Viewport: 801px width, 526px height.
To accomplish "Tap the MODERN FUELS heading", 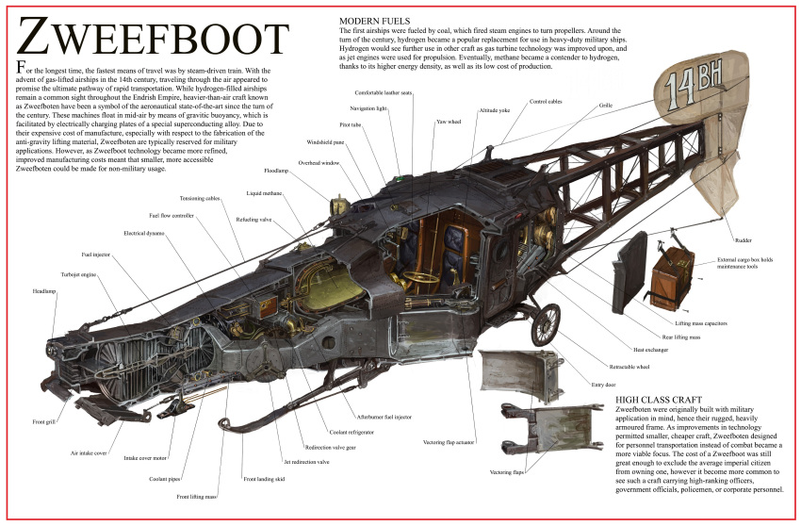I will click(x=377, y=20).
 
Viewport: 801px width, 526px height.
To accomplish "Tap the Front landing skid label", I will click(x=265, y=479).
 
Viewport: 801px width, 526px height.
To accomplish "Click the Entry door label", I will click(x=603, y=385).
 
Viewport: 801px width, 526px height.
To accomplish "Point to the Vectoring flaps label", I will click(x=506, y=471).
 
